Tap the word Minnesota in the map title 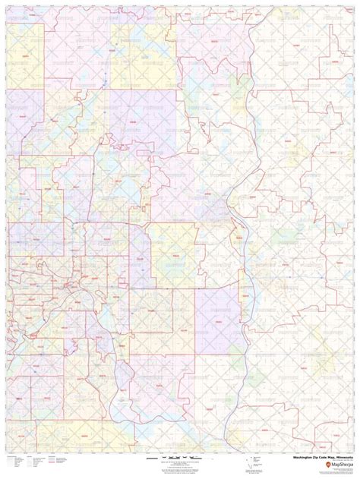point(341,458)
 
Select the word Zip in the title point(314,458)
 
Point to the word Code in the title point(321,458)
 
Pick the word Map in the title point(330,458)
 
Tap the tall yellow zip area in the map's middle point(172,251)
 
